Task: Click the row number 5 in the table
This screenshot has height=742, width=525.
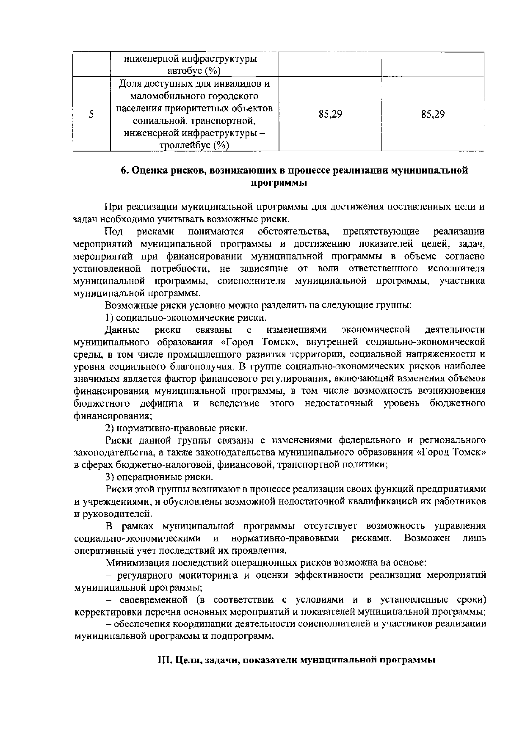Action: click(91, 114)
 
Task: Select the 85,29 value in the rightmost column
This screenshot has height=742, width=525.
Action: click(433, 114)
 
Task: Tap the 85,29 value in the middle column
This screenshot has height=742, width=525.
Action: click(330, 114)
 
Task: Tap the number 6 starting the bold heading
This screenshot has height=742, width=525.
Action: click(124, 171)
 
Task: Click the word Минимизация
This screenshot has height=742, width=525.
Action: click(135, 563)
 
